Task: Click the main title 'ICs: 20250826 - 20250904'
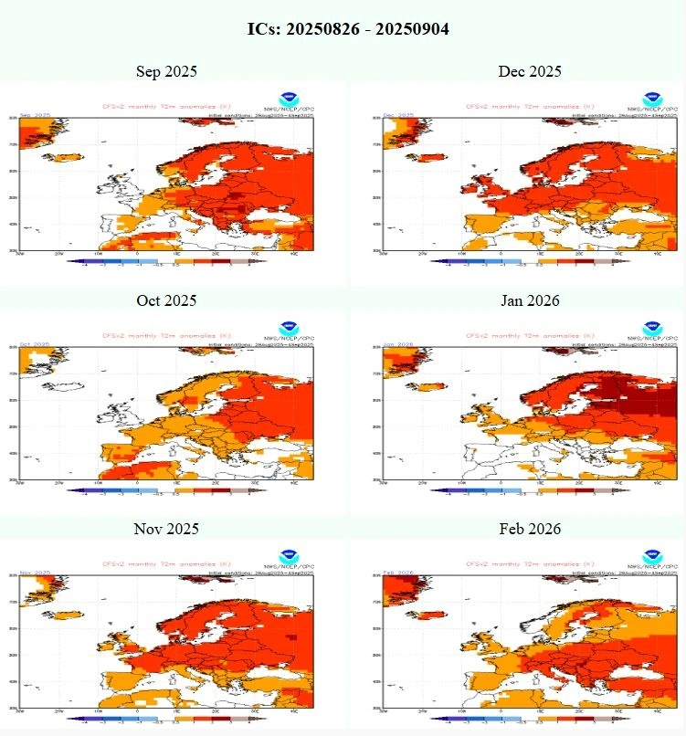click(x=347, y=29)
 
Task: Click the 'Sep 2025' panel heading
click(x=166, y=71)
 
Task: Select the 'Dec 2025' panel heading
click(x=530, y=71)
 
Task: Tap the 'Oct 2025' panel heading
click(x=166, y=300)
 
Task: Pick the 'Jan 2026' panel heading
click(x=530, y=300)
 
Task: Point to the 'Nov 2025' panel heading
click(x=166, y=529)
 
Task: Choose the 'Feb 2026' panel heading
click(x=530, y=529)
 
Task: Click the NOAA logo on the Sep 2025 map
click(x=289, y=98)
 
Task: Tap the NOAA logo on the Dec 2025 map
click(x=651, y=98)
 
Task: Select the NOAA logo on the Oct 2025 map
click(x=289, y=327)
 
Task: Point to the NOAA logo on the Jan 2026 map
click(x=651, y=327)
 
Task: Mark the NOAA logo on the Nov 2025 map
click(x=289, y=555)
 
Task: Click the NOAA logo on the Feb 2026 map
click(x=651, y=555)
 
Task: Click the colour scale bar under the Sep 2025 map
click(x=166, y=261)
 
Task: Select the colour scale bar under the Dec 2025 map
click(x=530, y=261)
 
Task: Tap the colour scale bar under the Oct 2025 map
click(x=166, y=490)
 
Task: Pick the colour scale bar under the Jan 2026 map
click(x=530, y=490)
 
